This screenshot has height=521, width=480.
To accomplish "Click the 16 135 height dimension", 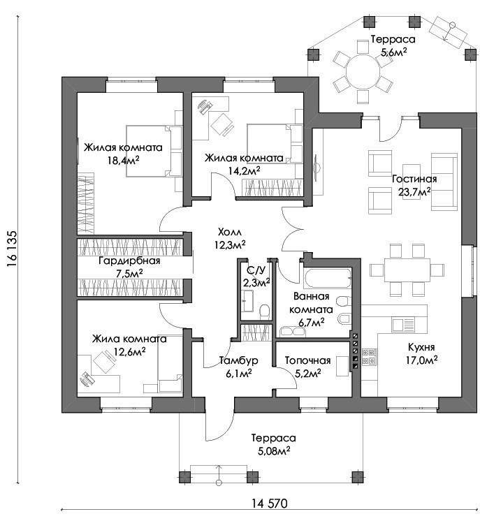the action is coord(12,249).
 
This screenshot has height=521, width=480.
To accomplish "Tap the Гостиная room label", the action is coord(414,179).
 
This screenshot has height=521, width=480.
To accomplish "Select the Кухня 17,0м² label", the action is coord(421,353).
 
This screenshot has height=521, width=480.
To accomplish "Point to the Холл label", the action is coord(230,232).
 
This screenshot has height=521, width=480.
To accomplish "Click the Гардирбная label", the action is coord(130,260).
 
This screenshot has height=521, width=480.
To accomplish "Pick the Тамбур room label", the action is coord(239,360).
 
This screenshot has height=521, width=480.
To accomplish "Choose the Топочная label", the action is coord(308,360).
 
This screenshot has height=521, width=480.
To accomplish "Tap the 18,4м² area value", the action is coord(123,161).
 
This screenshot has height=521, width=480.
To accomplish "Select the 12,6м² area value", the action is coord(129,351).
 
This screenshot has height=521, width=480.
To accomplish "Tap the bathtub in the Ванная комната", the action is coord(327,278).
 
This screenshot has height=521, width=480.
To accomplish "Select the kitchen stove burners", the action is coord(369,356).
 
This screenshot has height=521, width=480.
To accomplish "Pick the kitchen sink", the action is coord(404,324).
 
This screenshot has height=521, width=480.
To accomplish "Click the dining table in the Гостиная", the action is coord(407,270).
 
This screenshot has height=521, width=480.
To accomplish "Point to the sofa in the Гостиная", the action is coord(444,182).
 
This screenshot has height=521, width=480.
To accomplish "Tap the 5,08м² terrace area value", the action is coord(274,451).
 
